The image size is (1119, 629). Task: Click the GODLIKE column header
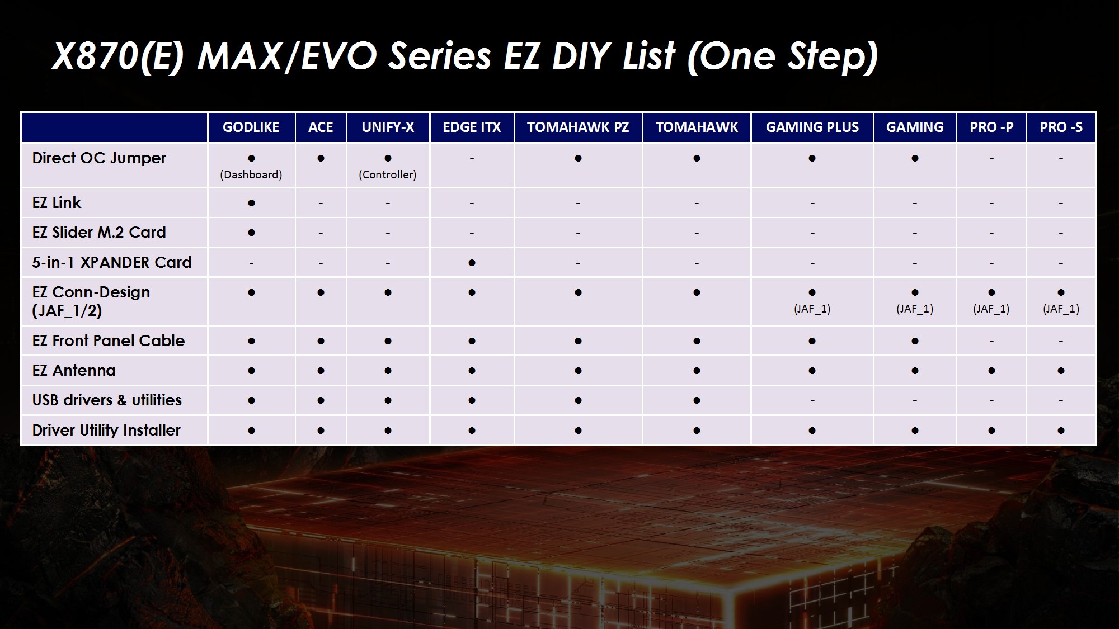251,127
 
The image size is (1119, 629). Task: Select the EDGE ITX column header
472,127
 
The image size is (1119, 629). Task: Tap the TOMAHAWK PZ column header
578,127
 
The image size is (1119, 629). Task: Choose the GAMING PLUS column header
812,127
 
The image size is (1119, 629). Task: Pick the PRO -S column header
1061,127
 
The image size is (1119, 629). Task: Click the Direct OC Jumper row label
99,158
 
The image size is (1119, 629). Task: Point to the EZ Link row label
57,202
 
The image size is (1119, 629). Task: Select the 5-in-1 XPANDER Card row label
112,262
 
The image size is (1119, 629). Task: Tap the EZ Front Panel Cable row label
109,340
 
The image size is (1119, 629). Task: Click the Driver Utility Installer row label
106,430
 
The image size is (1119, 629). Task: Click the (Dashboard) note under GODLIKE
251,174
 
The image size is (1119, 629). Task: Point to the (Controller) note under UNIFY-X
388,174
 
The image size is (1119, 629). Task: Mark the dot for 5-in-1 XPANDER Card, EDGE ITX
472,263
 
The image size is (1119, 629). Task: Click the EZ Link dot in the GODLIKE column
251,203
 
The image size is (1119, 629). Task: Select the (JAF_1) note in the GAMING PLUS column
812,309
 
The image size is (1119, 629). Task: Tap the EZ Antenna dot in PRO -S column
1061,371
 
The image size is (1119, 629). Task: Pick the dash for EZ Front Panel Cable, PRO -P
991,341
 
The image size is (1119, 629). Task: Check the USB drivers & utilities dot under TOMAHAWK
697,400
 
